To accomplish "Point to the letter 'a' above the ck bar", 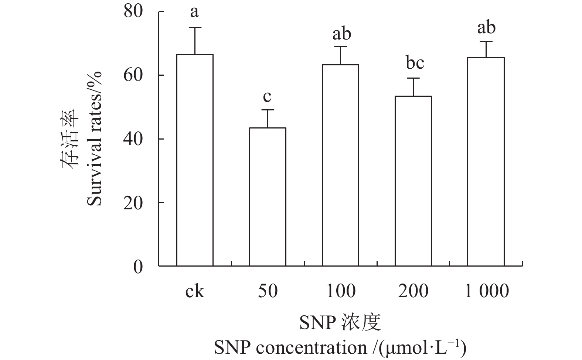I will (194, 13).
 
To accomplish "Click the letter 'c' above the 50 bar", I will (267, 97).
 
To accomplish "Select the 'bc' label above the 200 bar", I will (415, 63).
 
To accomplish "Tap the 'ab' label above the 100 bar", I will (341, 34).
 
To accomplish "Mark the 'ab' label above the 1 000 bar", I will (486, 28).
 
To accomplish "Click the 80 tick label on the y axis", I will (133, 12).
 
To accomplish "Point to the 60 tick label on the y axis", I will (133, 75).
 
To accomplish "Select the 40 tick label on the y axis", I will (133, 139).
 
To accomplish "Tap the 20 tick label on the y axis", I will (133, 203).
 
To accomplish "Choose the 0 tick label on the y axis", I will (138, 267).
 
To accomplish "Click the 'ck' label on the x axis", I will (194, 292).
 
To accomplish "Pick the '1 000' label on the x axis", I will (486, 292).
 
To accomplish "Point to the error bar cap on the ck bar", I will (195, 28).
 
